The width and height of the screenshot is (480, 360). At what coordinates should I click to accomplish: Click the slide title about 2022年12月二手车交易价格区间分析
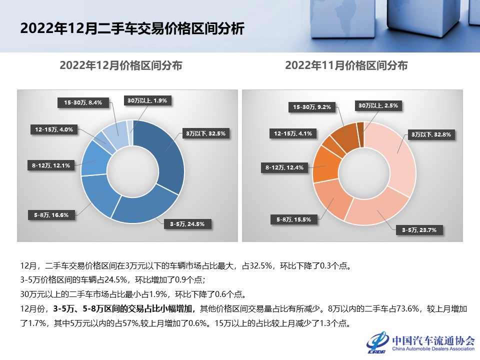[132, 28]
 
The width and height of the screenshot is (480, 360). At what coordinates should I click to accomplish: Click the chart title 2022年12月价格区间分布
[120, 65]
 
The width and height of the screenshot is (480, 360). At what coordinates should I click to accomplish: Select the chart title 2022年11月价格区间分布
[346, 65]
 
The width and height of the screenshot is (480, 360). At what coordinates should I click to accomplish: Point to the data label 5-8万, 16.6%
[51, 215]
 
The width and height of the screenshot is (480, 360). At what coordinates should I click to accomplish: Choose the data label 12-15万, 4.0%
[54, 129]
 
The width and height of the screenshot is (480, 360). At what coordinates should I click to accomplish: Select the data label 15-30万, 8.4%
[83, 102]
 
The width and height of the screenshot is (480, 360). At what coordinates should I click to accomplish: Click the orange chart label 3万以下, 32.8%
[430, 134]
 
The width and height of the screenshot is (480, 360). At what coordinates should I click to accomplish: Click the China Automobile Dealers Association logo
[420, 342]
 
